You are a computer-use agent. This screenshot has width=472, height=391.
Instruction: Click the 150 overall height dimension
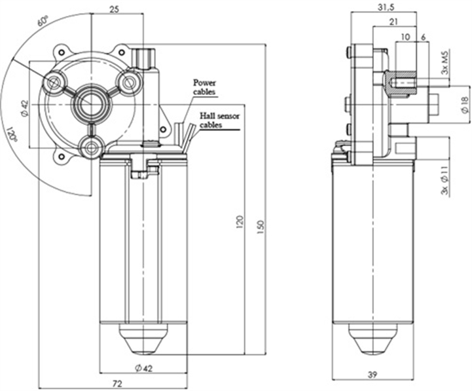(261, 226)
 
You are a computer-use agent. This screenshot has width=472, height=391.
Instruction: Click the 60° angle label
(43, 22)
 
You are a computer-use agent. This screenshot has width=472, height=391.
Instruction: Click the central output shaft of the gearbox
(92, 103)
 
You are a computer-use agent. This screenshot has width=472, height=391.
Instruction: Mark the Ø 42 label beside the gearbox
(23, 108)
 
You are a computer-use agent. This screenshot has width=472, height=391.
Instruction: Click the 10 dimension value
(405, 38)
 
